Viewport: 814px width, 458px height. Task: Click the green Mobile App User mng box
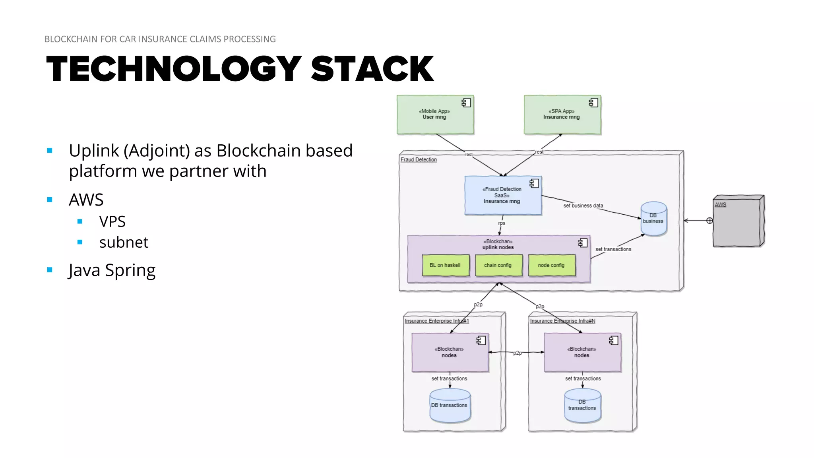(x=435, y=114)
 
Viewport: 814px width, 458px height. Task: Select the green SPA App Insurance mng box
(x=562, y=114)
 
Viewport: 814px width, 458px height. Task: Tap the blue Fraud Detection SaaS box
(x=503, y=196)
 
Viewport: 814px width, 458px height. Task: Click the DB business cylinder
(x=653, y=219)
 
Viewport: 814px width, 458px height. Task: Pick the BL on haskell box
(x=445, y=265)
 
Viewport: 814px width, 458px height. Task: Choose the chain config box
(x=498, y=265)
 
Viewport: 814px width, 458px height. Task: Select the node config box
(x=551, y=265)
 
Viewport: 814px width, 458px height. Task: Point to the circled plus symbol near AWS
(x=709, y=221)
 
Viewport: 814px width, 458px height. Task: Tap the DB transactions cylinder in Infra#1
(x=450, y=406)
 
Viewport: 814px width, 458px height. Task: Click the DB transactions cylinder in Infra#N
(x=582, y=406)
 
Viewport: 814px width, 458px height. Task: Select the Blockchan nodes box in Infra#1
(x=450, y=352)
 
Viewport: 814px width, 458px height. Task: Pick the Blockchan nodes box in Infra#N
(x=582, y=352)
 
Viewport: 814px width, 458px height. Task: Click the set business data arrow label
(x=583, y=206)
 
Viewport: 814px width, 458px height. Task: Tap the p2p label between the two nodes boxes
(x=517, y=353)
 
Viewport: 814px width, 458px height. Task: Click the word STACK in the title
(x=372, y=69)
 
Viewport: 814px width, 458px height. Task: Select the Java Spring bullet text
(x=112, y=270)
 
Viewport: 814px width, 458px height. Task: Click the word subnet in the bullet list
(x=124, y=242)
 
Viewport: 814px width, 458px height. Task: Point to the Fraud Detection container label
(x=419, y=159)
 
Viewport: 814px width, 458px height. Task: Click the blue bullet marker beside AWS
(x=50, y=200)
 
